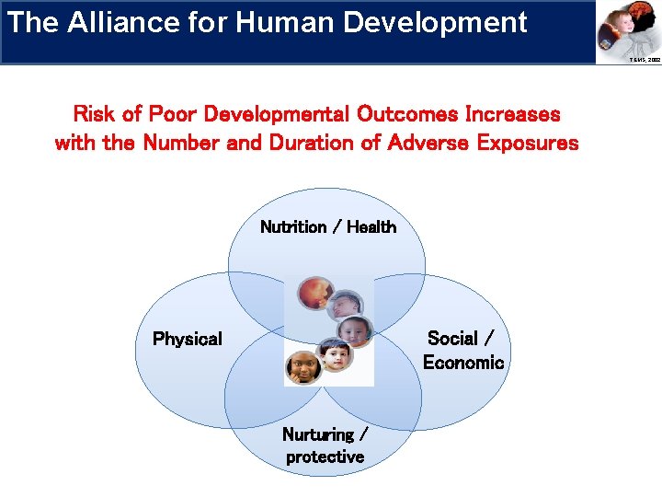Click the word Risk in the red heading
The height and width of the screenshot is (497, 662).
coord(93,114)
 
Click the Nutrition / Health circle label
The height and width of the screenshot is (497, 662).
coord(328,226)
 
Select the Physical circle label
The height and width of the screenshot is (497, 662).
coord(188,339)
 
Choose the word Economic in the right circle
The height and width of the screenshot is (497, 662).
coord(463,362)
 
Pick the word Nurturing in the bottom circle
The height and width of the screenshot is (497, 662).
coord(318,434)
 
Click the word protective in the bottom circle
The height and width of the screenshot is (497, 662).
coord(325,457)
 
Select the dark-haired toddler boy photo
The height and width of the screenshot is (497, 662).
coord(334,354)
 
